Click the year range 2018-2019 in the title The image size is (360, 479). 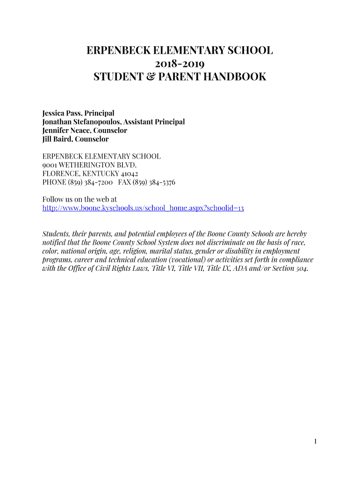(180, 64)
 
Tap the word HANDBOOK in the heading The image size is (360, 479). (235, 77)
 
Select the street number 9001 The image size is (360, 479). (50, 165)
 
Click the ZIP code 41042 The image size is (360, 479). (127, 174)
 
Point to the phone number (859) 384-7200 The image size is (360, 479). (90, 182)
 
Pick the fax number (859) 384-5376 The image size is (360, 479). (154, 182)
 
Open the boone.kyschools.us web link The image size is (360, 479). (143, 208)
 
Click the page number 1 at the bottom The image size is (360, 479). (316, 441)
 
